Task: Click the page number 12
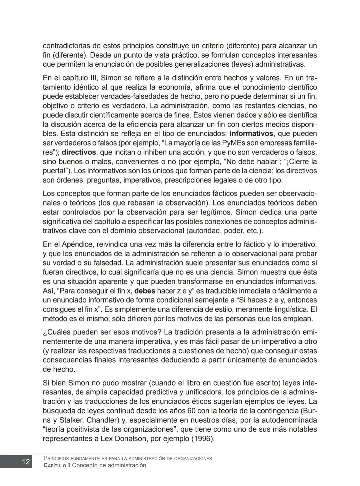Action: click(26, 462)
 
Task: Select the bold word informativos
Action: click(251, 134)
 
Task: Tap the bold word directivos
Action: click(79, 153)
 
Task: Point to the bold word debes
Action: click(144, 291)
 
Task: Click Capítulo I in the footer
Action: click(57, 465)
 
